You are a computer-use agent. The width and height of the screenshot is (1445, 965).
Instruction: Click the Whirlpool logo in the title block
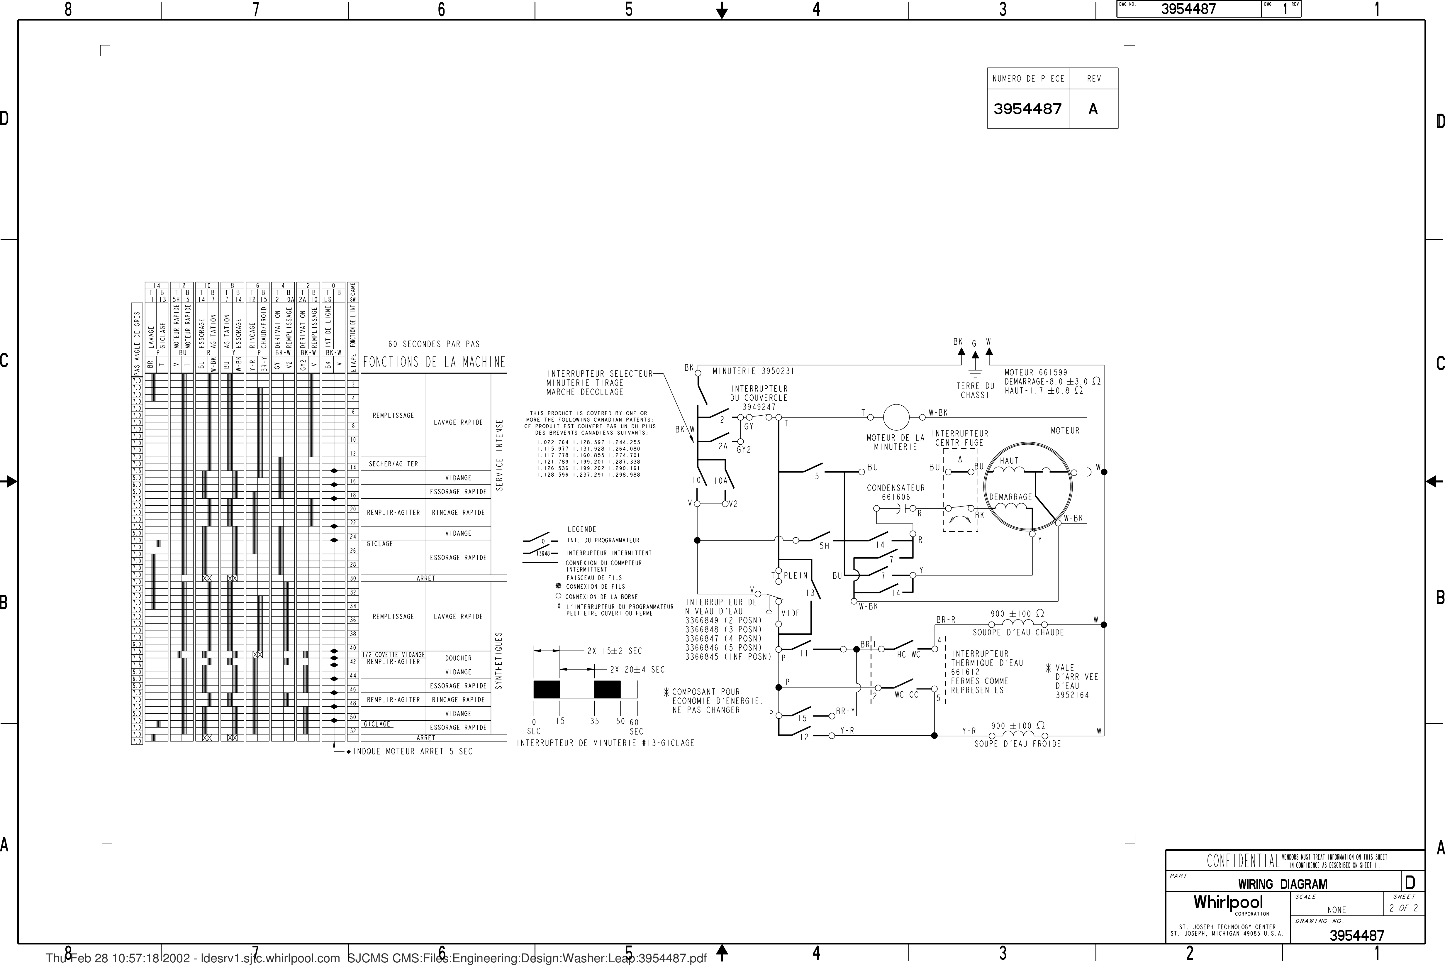(1228, 903)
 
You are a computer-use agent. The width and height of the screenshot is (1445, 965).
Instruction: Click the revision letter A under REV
(1093, 109)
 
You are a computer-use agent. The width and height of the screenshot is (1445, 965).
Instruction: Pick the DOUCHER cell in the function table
(458, 658)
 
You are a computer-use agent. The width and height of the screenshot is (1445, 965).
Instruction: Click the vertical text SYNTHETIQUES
(499, 660)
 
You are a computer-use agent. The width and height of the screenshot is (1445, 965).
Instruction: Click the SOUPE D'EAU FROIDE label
(1017, 744)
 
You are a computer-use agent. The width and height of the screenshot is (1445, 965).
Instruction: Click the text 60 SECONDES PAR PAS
(434, 344)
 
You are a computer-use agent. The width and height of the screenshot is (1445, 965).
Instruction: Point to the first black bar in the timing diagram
(546, 689)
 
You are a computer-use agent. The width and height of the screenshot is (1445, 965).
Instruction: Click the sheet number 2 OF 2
(1403, 908)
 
